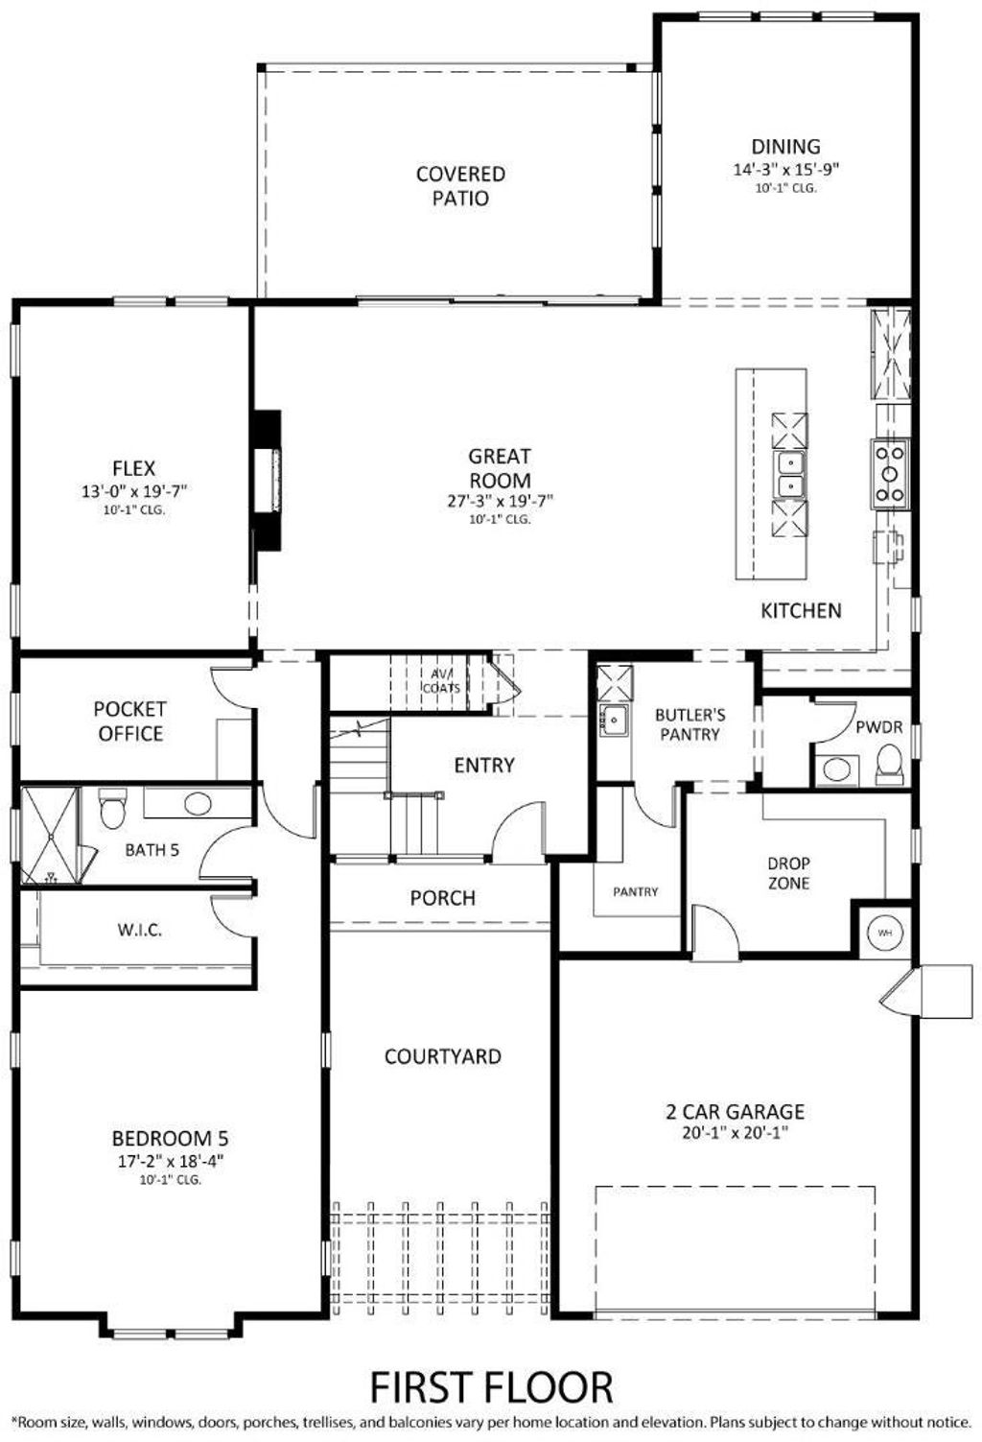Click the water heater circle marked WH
pos(885,933)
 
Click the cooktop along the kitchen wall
pos(889,475)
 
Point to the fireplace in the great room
pos(268,481)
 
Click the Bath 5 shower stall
pos(50,836)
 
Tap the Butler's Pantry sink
pos(615,720)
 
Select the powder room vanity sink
pos(836,769)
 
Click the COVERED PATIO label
pos(460,186)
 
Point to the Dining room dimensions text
pos(786,169)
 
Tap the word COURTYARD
pos(443,1056)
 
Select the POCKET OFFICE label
pos(130,721)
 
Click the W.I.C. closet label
pos(140,931)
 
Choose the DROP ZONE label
pos(789,873)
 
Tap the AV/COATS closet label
pos(441,680)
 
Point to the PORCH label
pos(443,897)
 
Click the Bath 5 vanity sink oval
pos(198,803)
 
